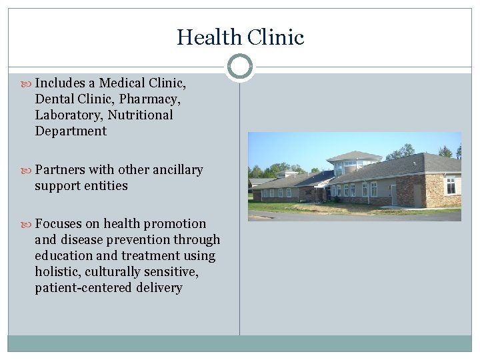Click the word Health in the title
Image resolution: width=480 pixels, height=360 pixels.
tap(204, 37)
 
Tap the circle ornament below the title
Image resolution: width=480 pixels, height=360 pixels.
tap(240, 67)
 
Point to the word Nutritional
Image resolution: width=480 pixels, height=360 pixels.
tap(141, 115)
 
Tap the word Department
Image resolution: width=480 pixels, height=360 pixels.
tap(71, 131)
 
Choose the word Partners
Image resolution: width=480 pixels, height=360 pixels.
tap(61, 170)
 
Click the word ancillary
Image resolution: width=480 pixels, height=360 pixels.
tap(177, 170)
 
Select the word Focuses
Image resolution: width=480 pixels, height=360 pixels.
tap(59, 224)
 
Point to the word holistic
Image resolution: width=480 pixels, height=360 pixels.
tap(59, 272)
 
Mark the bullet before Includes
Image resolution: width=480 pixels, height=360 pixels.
tap(26, 83)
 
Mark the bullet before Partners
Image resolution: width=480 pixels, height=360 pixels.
tap(26, 170)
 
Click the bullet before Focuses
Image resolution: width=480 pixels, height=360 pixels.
tap(26, 224)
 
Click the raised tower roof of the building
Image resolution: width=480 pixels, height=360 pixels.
tap(353, 155)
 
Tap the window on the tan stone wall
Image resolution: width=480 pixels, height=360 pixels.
tap(451, 185)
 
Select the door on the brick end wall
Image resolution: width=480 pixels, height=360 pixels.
tap(417, 195)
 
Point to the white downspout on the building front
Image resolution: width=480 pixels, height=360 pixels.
tap(369, 193)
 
